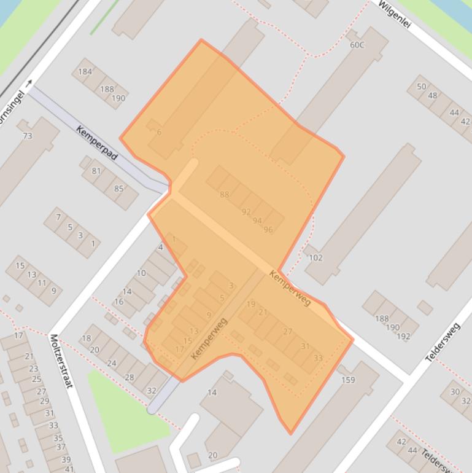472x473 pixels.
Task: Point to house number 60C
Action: click(357, 45)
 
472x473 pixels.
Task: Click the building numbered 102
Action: click(315, 257)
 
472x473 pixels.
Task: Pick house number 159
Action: click(348, 380)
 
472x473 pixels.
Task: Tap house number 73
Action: click(27, 135)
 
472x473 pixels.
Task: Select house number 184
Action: click(85, 71)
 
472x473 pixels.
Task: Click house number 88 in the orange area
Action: click(224, 195)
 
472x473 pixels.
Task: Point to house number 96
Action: click(268, 230)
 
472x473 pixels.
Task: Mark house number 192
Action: click(403, 336)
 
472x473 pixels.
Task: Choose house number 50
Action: click(421, 87)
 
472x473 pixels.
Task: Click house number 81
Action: click(96, 171)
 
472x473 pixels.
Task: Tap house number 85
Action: click(118, 189)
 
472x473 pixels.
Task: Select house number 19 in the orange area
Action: click(250, 304)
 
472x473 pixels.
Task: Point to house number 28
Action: click(129, 377)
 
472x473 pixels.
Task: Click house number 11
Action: click(42, 283)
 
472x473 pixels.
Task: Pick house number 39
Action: click(66, 459)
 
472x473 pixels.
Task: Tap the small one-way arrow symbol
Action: click(29, 84)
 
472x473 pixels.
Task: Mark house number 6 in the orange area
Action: click(159, 132)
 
